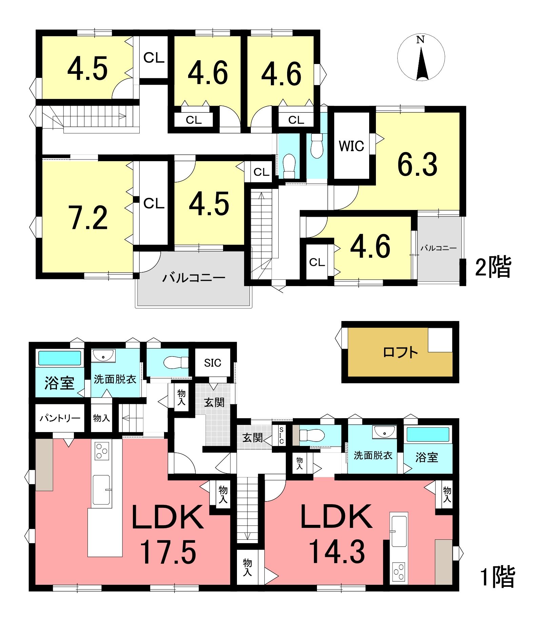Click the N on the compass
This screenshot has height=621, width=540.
click(x=420, y=40)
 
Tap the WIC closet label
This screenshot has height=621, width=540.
click(x=352, y=146)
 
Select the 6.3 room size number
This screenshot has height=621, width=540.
click(x=417, y=165)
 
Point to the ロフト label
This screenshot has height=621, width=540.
click(x=400, y=352)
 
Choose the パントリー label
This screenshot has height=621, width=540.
click(x=60, y=418)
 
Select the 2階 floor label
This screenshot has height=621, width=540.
click(x=493, y=267)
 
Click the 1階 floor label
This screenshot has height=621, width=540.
click(x=498, y=576)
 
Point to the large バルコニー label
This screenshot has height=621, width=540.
click(x=194, y=278)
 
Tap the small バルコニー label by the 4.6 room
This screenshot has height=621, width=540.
click(x=438, y=248)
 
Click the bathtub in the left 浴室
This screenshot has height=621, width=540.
click(x=60, y=358)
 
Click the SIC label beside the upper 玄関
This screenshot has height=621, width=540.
click(x=213, y=363)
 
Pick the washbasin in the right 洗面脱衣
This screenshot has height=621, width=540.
click(x=384, y=432)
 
